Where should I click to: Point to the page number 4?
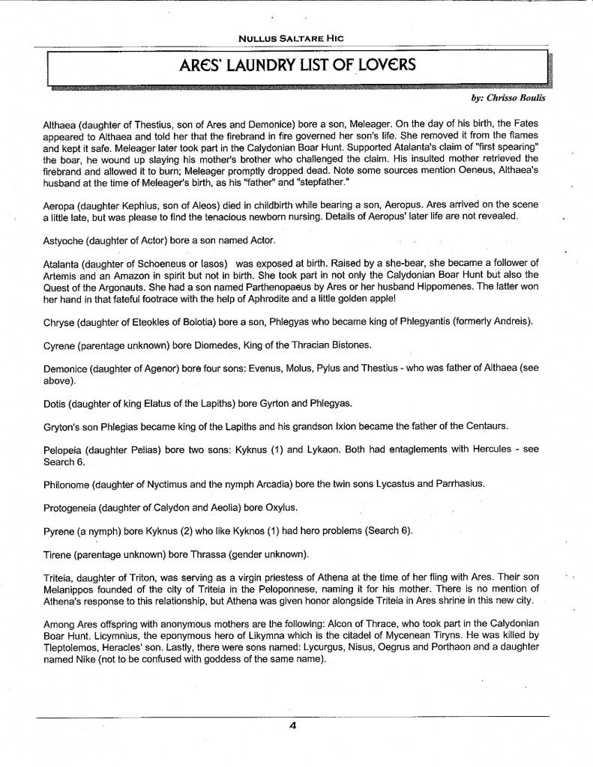(295, 725)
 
